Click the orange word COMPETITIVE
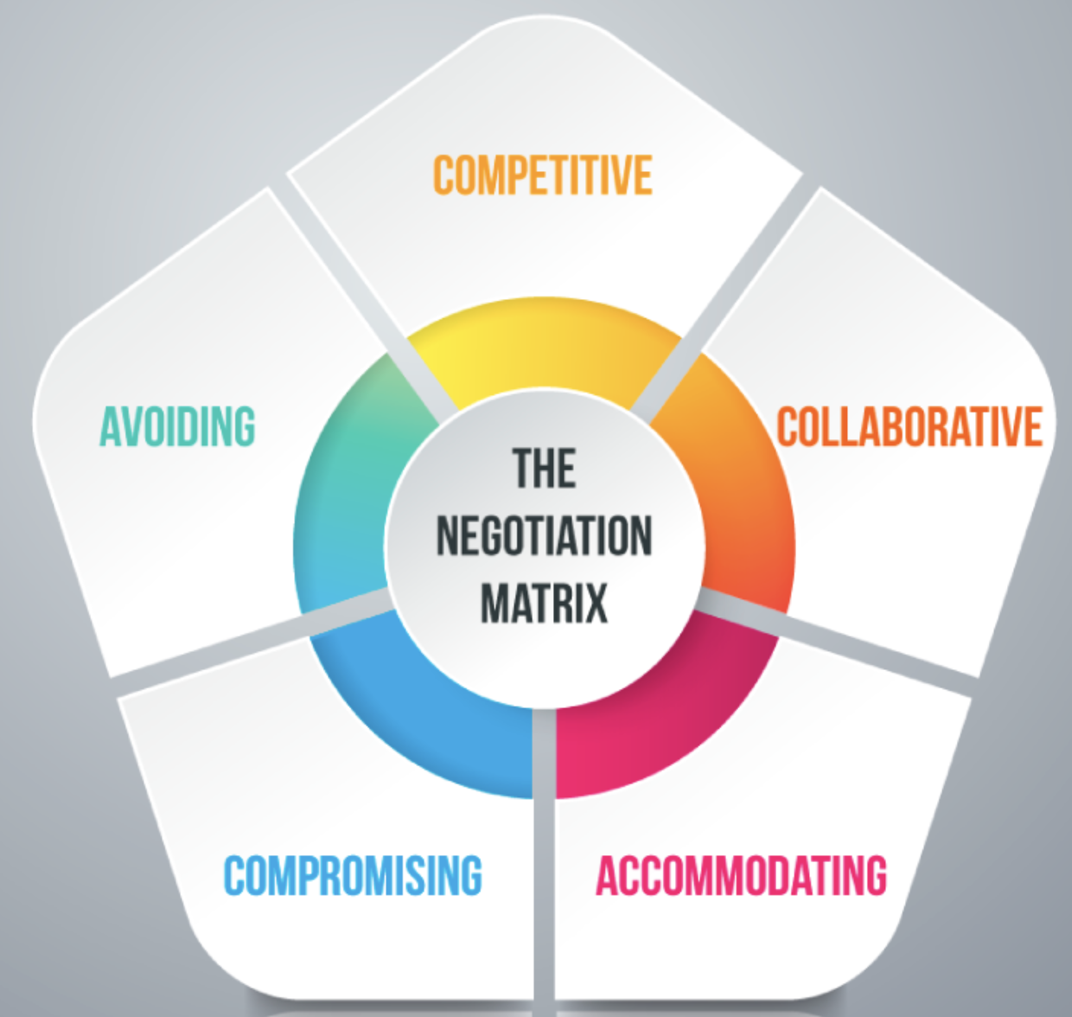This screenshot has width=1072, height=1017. [542, 176]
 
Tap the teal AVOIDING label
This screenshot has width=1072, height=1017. [177, 426]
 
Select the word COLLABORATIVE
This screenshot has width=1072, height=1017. [909, 426]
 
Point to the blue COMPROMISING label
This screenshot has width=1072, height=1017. [353, 875]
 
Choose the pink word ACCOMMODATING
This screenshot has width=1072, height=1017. [741, 875]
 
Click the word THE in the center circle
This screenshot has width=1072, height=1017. [544, 470]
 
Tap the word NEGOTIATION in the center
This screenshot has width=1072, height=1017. [544, 536]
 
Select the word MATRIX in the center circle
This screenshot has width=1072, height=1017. [544, 603]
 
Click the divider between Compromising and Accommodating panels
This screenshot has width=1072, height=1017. [544, 865]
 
